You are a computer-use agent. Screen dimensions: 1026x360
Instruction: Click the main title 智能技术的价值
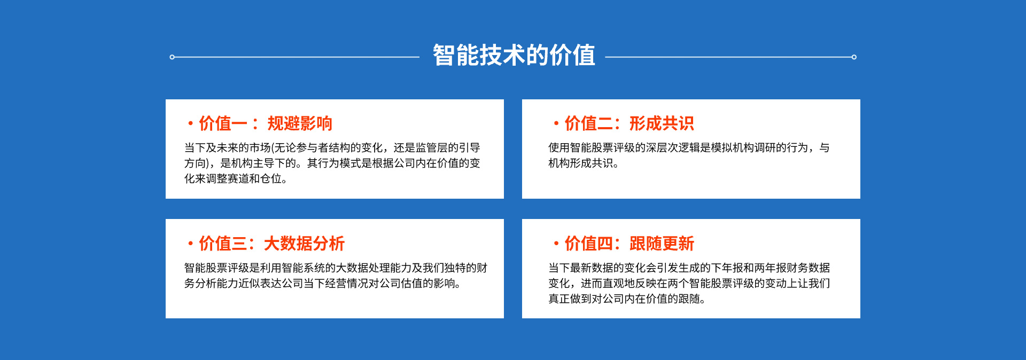coord(514,56)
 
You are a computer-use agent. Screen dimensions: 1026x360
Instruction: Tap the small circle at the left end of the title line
coord(172,57)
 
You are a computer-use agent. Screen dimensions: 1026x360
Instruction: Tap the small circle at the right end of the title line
coord(854,57)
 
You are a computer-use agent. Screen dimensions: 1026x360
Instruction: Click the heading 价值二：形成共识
coord(629,123)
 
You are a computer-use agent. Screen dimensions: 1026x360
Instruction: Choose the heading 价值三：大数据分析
coord(272,244)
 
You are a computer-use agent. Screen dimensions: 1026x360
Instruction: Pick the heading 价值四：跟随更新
coord(629,244)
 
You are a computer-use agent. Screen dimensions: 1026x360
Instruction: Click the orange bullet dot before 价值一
coord(190,124)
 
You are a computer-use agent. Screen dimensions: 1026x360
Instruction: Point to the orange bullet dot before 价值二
coord(556,124)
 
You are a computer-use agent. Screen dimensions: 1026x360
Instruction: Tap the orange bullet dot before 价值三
coord(190,244)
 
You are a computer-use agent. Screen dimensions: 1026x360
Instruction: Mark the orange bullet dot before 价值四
coord(556,244)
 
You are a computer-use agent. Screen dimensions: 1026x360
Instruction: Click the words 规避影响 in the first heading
coord(300,123)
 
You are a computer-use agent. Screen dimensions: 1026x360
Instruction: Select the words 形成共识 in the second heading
coord(662,123)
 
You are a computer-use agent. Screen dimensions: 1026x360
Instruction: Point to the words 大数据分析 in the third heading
coord(305,244)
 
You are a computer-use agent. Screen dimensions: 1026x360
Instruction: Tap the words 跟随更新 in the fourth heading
coord(662,244)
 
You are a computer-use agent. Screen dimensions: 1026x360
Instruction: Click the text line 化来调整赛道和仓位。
coord(236,179)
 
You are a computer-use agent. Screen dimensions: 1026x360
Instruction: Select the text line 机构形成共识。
coord(584,163)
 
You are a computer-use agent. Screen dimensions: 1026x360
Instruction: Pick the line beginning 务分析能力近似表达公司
coord(323,284)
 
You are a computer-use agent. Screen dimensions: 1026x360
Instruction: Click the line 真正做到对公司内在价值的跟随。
coord(627,299)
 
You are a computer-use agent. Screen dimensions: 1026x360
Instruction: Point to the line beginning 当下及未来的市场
coord(332,148)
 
